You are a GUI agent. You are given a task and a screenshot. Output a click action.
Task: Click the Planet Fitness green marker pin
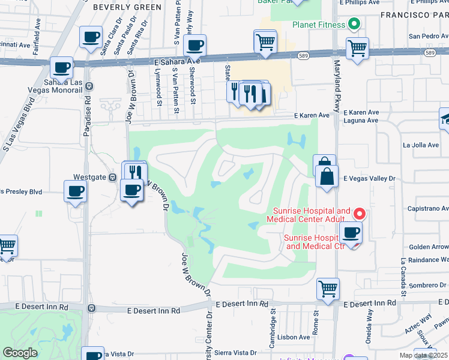point(354,25)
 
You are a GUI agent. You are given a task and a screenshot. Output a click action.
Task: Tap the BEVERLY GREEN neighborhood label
point(127,7)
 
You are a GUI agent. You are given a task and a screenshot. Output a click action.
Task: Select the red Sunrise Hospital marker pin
point(359,213)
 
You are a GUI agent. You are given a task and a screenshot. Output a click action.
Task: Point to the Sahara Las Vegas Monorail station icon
point(89,86)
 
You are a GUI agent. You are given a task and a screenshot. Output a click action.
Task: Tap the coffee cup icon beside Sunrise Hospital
point(351,232)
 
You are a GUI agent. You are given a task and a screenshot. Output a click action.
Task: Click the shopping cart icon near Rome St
point(328,289)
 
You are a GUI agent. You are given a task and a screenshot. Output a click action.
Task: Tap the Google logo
point(20,353)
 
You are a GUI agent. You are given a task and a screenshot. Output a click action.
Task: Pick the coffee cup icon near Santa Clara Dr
point(91,38)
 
